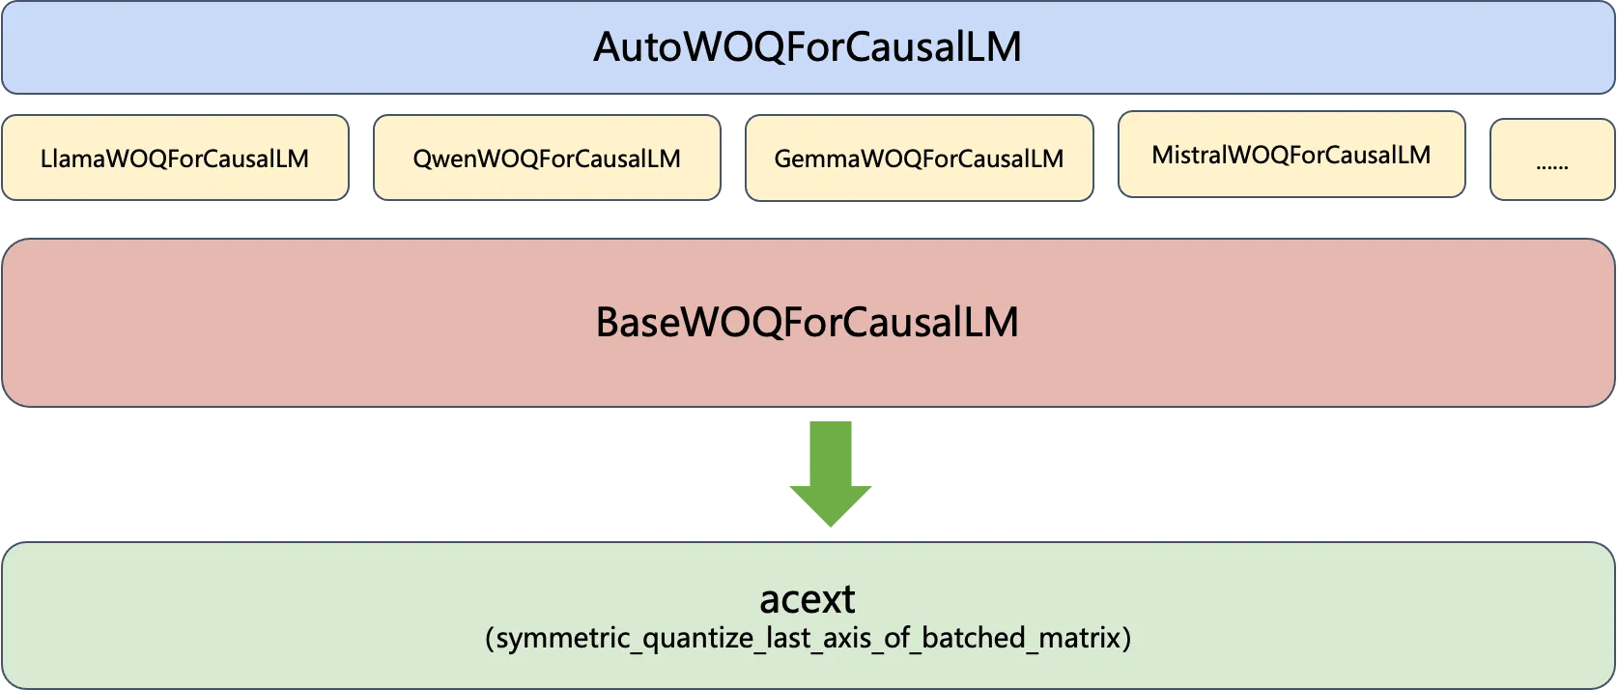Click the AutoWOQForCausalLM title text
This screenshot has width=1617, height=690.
[808, 47]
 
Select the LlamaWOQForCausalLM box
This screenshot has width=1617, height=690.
[175, 158]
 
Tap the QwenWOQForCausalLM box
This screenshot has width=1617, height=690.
[547, 158]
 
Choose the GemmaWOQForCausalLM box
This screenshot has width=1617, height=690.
[919, 158]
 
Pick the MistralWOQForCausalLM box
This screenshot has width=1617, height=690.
[1291, 155]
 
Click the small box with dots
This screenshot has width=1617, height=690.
[1552, 160]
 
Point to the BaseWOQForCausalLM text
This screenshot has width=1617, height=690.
[808, 323]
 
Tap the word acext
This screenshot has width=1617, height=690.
[808, 599]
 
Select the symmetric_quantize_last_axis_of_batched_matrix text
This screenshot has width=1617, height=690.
[808, 639]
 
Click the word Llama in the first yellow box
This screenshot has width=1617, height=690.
[71, 158]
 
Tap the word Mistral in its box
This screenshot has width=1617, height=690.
[1188, 155]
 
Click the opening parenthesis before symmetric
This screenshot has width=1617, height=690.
[491, 639]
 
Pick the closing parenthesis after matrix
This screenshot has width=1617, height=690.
[1125, 639]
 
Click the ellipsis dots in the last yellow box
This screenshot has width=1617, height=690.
[1552, 166]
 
